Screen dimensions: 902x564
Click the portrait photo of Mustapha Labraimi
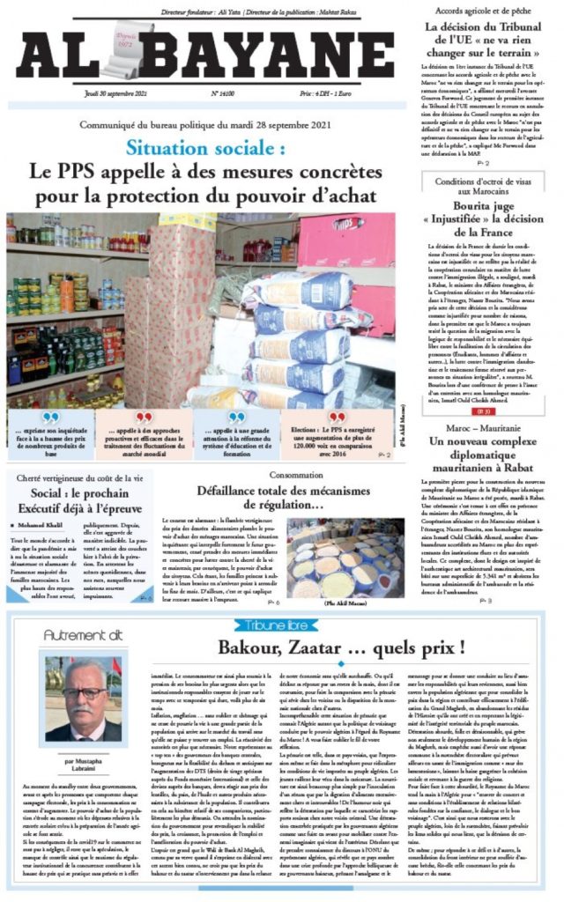(86, 698)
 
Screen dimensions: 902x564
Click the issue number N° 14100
(223, 92)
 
